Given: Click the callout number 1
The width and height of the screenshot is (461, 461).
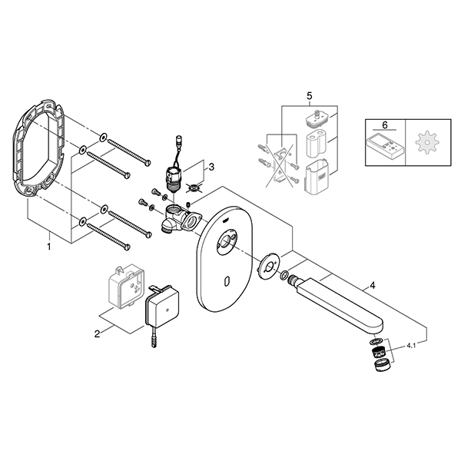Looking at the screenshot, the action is [49, 246].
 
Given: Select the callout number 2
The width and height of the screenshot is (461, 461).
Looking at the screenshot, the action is [98, 334].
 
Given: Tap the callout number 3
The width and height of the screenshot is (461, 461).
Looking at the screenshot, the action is [211, 167].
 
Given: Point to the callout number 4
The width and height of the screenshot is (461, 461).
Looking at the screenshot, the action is [373, 285].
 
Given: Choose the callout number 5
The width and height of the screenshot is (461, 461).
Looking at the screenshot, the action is [310, 96].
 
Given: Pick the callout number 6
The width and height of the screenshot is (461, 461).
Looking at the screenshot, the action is [385, 125].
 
